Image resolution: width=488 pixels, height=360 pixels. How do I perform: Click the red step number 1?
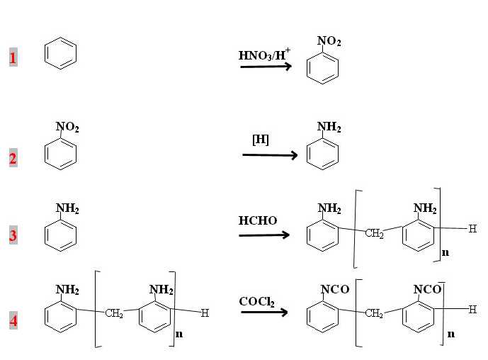(13, 57)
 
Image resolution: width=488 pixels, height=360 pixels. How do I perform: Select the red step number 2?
(13, 159)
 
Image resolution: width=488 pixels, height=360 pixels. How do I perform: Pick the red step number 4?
(13, 321)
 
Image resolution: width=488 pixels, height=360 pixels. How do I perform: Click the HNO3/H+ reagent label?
(265, 54)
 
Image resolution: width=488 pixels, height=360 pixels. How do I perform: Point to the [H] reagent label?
(261, 140)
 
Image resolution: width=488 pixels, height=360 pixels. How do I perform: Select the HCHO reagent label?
(258, 221)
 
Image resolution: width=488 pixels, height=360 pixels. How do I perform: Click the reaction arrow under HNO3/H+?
(266, 67)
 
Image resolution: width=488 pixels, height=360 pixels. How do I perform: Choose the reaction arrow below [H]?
(270, 154)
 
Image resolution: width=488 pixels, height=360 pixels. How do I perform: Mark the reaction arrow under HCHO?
(264, 235)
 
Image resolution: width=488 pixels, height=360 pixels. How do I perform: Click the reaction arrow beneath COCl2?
(264, 312)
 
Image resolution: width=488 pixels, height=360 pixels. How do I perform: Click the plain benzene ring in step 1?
(60, 54)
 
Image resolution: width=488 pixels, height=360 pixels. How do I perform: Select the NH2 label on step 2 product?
(329, 128)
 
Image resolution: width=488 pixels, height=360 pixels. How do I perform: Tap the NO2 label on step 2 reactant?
(67, 128)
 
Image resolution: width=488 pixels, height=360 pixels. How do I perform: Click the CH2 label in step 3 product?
(374, 235)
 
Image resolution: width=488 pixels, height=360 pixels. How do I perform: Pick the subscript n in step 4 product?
(450, 333)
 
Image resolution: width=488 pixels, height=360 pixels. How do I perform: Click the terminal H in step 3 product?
(472, 229)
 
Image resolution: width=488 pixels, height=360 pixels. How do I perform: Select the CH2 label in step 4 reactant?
(113, 314)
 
